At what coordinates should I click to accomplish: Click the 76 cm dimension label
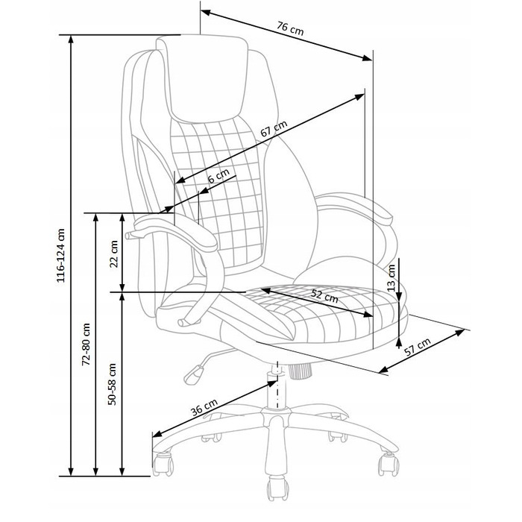(x=291, y=28)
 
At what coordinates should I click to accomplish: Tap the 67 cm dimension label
(x=274, y=129)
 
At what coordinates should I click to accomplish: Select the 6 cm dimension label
(x=218, y=176)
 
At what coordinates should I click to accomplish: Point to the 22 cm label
(x=114, y=254)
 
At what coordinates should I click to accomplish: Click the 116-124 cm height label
(x=61, y=256)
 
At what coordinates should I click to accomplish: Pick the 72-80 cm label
(x=87, y=344)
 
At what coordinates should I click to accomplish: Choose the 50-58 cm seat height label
(x=112, y=384)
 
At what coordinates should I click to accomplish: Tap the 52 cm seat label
(x=324, y=295)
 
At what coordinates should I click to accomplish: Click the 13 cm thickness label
(x=391, y=278)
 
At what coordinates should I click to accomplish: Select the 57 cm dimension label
(x=418, y=347)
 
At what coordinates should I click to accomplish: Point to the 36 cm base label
(x=204, y=407)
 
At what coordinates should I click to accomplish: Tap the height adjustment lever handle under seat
(x=193, y=375)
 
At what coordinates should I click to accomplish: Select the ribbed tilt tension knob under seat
(x=300, y=371)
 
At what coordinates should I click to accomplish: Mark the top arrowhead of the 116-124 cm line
(x=71, y=40)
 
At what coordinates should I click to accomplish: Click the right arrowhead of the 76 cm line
(x=367, y=58)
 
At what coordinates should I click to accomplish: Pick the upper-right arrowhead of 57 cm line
(x=460, y=332)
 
